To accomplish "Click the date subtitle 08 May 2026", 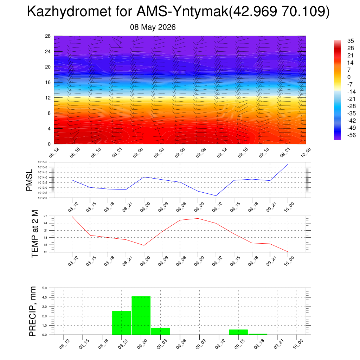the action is point(153,27).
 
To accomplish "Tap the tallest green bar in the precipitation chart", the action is point(141,315).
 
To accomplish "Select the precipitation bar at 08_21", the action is point(122,323).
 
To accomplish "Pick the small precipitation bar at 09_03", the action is point(160,331).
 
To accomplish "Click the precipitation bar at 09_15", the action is point(238,332).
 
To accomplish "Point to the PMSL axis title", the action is point(29,180).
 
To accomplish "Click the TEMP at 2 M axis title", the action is point(35,234).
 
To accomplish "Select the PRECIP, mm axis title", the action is point(32,311).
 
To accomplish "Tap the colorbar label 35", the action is point(351,41).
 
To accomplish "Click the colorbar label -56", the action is point(352,135).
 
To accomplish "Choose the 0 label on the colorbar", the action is point(349,77).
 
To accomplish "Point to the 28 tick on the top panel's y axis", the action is point(48,36).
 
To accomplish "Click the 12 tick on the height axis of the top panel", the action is point(48,98).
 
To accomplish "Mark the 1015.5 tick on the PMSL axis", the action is point(43,162).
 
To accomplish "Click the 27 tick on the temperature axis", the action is point(45,216).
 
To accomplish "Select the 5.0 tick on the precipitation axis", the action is point(45,288).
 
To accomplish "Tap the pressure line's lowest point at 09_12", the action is point(216,195).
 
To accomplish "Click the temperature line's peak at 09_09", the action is point(198,218).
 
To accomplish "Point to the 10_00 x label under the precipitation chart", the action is point(298,344).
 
